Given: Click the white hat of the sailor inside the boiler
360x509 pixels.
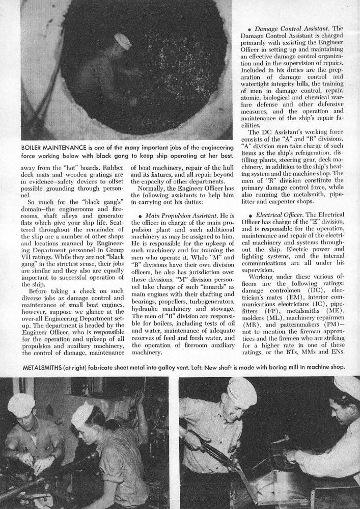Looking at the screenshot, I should tap(123, 40).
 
